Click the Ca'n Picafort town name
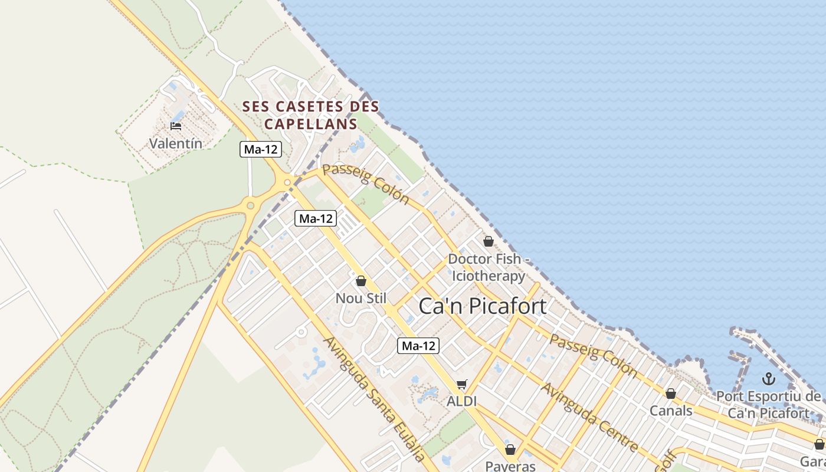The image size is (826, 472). point(482,306)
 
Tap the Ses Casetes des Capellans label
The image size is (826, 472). point(311,115)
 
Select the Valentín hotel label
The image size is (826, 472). point(175,143)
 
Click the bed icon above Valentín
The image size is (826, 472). point(175,126)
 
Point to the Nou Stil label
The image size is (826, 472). point(360,298)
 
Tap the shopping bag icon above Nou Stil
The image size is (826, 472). point(360,281)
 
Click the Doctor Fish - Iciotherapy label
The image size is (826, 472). point(487,267)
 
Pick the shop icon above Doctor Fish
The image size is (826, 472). point(488,241)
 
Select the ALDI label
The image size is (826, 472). point(461,401)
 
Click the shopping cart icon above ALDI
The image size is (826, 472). point(461,385)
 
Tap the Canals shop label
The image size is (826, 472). point(671,410)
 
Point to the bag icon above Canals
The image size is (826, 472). point(670,393)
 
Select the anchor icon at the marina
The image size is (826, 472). point(768,378)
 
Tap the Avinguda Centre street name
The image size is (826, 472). point(589,418)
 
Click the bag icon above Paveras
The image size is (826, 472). point(510,450)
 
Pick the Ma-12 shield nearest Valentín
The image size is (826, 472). point(261,149)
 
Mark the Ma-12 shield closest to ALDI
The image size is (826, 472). point(418,346)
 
